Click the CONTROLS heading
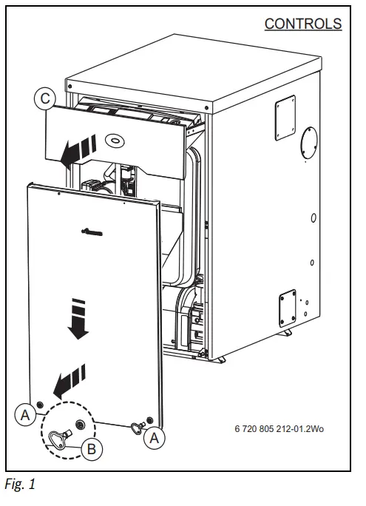point(303,24)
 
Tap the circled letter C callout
point(45,98)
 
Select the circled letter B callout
point(92,449)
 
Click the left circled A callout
point(25,415)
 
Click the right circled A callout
point(154,438)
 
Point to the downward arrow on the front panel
point(78,319)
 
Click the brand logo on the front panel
point(92,232)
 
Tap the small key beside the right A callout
point(137,428)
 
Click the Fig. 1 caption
point(20,484)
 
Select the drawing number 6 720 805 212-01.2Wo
point(279,429)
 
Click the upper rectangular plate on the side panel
point(285,118)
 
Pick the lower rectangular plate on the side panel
point(288,308)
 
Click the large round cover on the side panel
point(309,143)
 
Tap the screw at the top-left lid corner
point(70,87)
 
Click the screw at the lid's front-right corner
point(206,108)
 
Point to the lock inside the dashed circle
point(79,424)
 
